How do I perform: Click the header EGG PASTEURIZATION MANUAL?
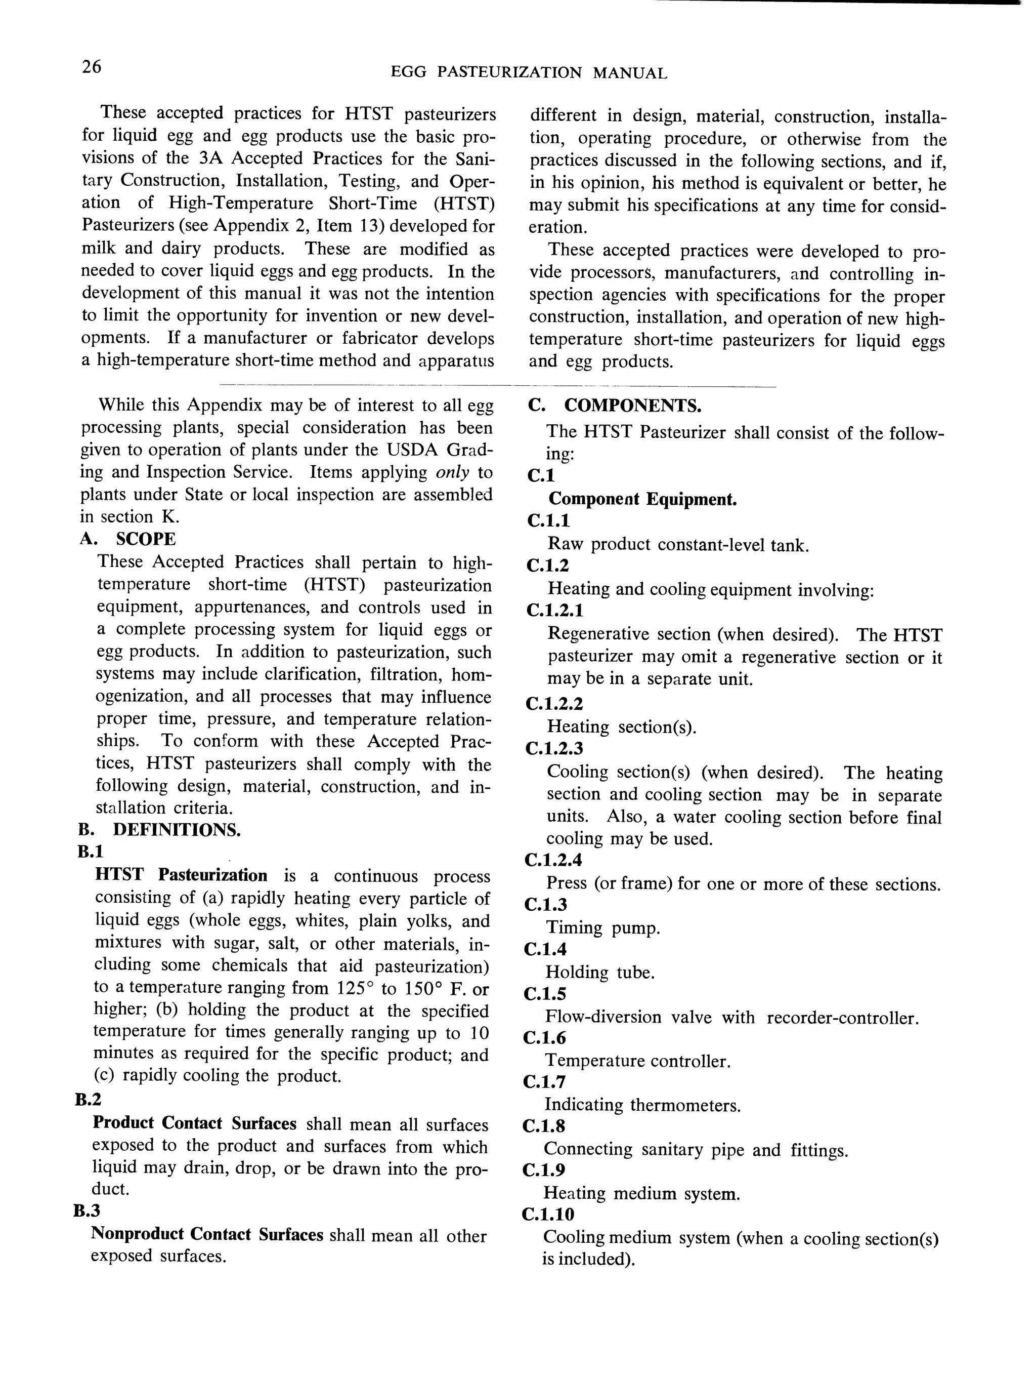(x=529, y=73)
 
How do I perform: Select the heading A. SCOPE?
(x=128, y=539)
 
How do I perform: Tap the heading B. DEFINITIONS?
(x=159, y=830)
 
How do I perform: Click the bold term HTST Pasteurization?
(x=181, y=875)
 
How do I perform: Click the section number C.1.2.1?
(x=555, y=611)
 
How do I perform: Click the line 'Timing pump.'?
(x=602, y=928)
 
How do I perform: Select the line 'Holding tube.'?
(x=599, y=972)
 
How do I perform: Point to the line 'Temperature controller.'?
(x=637, y=1061)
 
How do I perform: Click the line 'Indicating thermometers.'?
(x=642, y=1105)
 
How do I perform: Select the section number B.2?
(x=87, y=1100)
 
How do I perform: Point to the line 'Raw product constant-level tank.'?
(x=678, y=545)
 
